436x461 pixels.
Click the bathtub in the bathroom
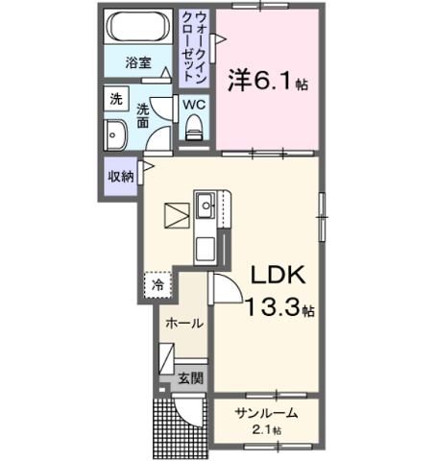pos(138,27)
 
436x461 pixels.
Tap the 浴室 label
pos(138,62)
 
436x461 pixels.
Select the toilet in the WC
pos(194,128)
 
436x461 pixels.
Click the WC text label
pos(194,105)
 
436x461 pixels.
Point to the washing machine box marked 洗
pos(116,99)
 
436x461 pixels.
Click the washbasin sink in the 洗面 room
pos(115,135)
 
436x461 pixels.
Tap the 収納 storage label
pos(121,177)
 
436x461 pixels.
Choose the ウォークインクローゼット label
pos(194,47)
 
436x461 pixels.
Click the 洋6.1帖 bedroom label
pos(268,81)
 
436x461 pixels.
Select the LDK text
pos(278,275)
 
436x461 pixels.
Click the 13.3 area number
pos(274,306)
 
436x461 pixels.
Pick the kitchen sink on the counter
pos(206,206)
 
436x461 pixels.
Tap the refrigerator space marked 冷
pos(157,285)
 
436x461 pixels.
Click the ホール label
pos(184,323)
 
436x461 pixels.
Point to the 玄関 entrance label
pos(191,378)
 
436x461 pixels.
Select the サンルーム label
pos(266,413)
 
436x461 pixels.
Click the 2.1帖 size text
pos(267,430)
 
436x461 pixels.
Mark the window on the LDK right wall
pos(322,217)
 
